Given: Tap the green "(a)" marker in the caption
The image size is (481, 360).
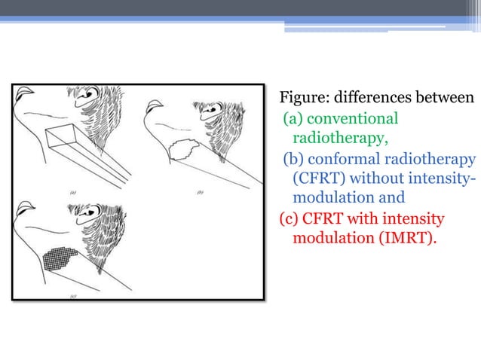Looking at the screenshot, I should point(293,119).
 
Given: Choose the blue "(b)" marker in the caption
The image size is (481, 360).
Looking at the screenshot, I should point(294,159).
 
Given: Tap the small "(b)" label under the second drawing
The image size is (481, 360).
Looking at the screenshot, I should point(201,192).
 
